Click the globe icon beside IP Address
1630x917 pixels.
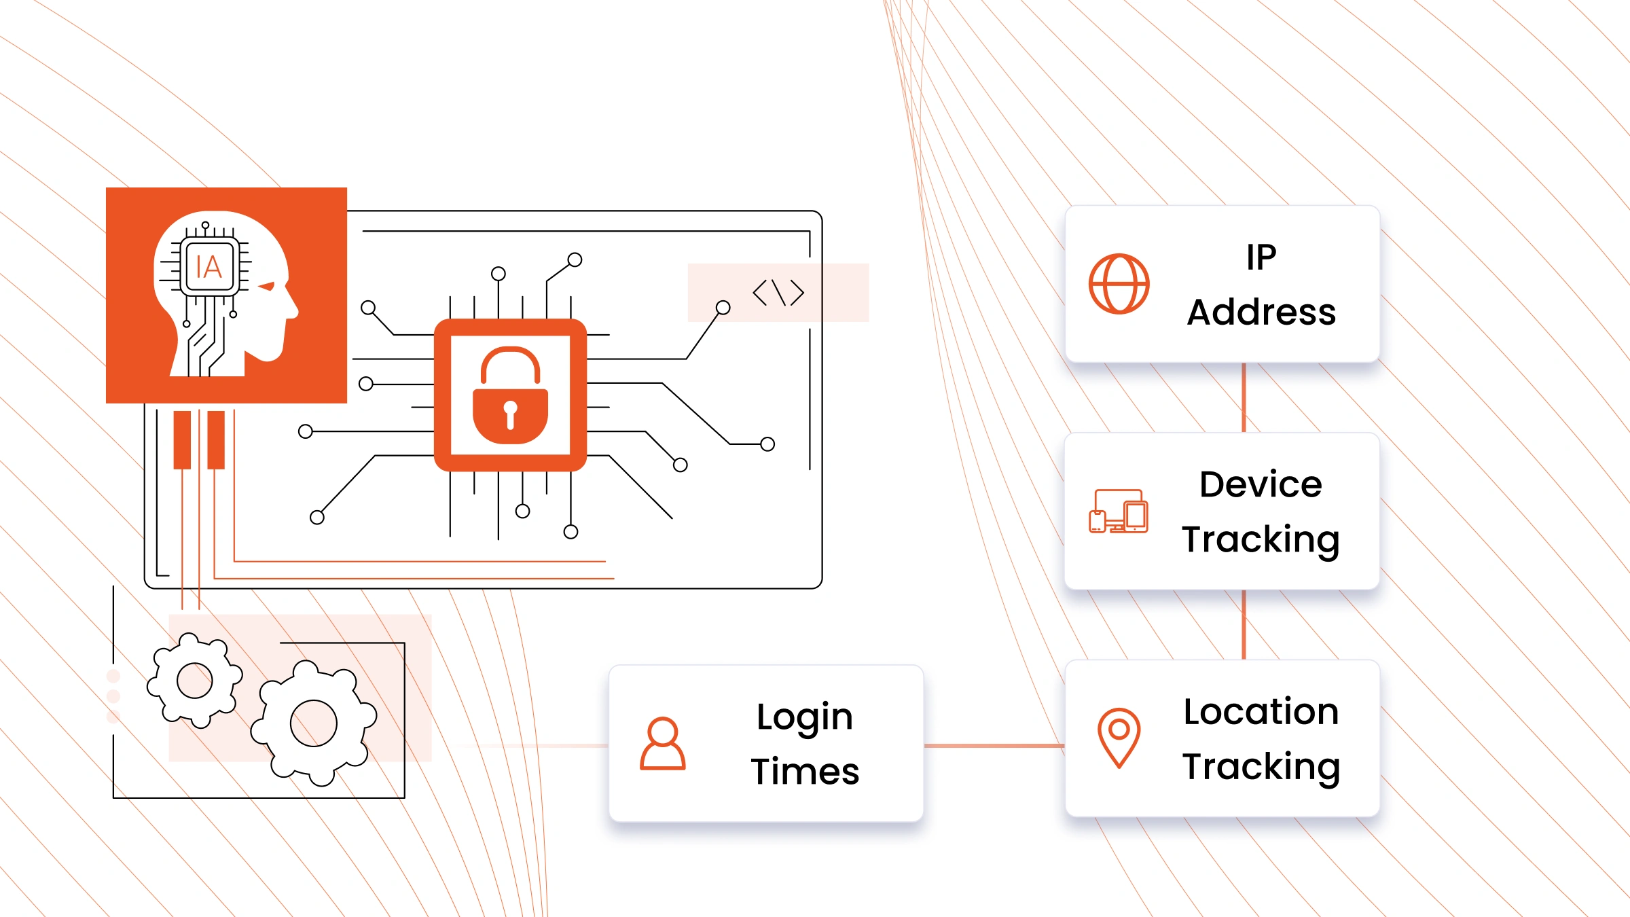[x=1119, y=284]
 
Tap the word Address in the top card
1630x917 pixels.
[x=1261, y=312]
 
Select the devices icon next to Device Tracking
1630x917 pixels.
[x=1119, y=511]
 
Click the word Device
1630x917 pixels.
[x=1261, y=484]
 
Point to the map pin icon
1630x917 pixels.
[x=1119, y=737]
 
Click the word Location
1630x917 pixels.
[x=1261, y=712]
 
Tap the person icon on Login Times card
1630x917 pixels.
[x=662, y=744]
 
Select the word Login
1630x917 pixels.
[x=805, y=717]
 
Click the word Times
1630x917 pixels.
[x=805, y=772]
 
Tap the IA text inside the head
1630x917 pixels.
[x=209, y=267]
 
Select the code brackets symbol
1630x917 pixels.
[x=778, y=293]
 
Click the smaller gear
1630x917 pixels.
[x=195, y=680]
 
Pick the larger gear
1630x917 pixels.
[x=313, y=723]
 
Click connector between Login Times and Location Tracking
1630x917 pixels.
[x=994, y=746]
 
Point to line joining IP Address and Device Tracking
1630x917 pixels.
[x=1244, y=397]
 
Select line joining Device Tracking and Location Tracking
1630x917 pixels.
[x=1244, y=624]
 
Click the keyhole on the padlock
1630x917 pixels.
[x=510, y=412]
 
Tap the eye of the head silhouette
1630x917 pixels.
[x=267, y=286]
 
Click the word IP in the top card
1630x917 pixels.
[x=1261, y=257]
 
